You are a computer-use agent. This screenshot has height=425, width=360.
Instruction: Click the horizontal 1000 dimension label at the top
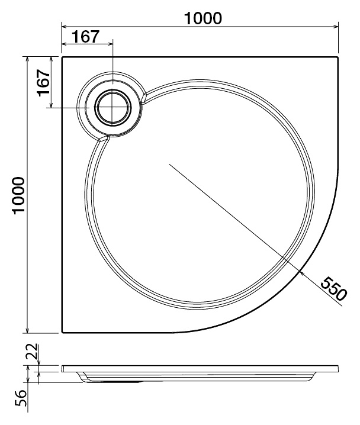click(202, 18)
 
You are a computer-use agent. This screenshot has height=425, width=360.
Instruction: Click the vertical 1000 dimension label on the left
click(19, 196)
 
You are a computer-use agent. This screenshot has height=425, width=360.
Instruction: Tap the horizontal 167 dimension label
click(86, 37)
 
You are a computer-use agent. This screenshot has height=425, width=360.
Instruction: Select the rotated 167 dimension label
click(44, 83)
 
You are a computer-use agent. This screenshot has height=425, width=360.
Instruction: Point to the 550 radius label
click(333, 289)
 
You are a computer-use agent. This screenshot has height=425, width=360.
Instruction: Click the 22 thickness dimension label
click(33, 351)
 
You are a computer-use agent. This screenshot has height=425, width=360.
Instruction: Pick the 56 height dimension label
click(21, 398)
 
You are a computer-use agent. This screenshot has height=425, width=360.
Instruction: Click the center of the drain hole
click(112, 108)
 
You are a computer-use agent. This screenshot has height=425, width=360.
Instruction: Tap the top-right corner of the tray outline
click(337, 57)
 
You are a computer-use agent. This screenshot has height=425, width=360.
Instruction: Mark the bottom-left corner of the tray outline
click(62, 332)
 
